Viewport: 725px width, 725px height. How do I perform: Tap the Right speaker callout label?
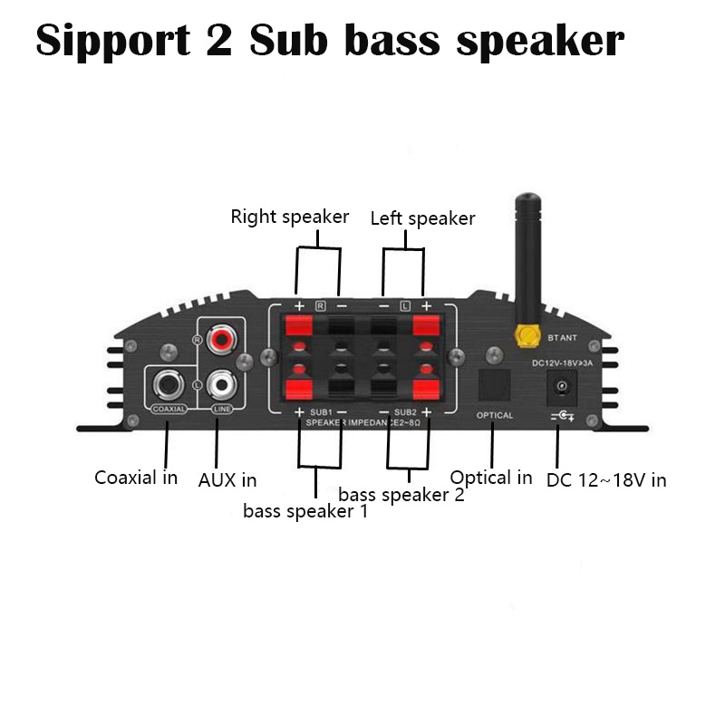289,217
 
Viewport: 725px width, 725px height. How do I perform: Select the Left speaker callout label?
422,218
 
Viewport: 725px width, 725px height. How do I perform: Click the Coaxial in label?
136,477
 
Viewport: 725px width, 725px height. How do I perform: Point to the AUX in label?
227,479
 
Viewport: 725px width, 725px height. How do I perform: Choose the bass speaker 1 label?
305,511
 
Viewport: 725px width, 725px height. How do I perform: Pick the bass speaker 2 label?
401,495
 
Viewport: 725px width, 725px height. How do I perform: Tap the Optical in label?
491,478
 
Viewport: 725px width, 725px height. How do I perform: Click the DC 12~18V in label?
606,479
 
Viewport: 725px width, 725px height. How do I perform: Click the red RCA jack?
220,341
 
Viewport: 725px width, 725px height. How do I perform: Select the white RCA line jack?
220,384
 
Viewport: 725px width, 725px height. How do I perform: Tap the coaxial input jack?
169,385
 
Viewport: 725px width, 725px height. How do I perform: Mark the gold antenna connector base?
524,338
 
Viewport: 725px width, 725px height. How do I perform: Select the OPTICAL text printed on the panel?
495,415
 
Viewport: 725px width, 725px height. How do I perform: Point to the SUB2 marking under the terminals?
405,412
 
